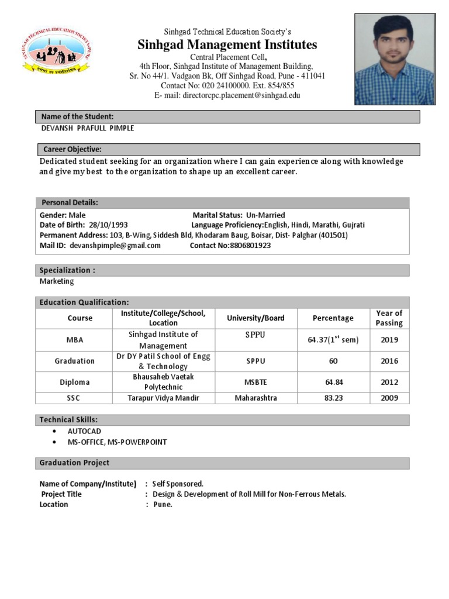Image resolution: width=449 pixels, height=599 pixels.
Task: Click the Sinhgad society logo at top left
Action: [x=56, y=52]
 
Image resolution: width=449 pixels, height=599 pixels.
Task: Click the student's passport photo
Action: [x=395, y=59]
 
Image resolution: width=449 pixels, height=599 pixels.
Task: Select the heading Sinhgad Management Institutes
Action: [x=227, y=45]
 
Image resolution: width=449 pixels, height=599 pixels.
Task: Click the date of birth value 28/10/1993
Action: [x=109, y=225]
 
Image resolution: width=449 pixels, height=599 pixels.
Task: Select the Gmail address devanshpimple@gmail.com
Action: [x=115, y=246]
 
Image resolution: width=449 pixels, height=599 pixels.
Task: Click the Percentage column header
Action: [x=333, y=318]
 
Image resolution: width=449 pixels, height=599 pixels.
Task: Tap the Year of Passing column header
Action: [x=389, y=318]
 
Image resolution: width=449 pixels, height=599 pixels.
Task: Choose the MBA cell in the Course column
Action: [x=74, y=340]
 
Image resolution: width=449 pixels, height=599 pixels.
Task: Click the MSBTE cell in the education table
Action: [x=255, y=382]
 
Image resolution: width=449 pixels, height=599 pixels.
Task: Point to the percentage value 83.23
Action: [x=333, y=398]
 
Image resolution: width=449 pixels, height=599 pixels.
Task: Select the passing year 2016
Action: [x=389, y=361]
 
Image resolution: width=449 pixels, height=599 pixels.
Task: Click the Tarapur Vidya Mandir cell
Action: [x=163, y=398]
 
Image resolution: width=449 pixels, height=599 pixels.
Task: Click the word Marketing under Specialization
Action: [x=57, y=281]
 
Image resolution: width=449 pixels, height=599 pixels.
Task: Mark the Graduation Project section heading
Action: [x=74, y=463]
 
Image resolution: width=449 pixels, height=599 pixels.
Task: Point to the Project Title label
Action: [x=61, y=494]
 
